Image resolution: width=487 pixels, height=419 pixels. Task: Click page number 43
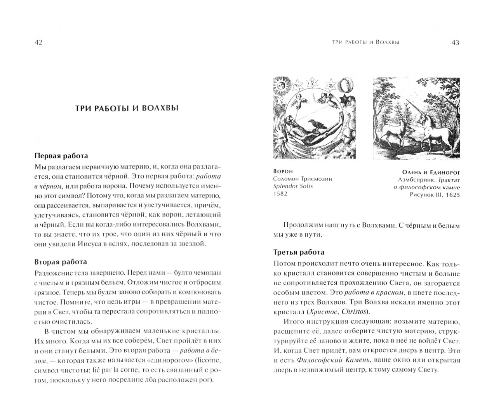tap(455, 43)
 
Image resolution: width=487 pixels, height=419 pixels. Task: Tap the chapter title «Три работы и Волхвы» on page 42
tap(127, 108)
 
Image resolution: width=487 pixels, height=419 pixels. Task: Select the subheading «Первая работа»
tap(61, 156)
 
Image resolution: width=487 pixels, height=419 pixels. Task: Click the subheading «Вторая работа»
tap(61, 262)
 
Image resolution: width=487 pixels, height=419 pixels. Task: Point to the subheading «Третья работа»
tap(299, 252)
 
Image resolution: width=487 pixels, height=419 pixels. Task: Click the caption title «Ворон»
tap(283, 171)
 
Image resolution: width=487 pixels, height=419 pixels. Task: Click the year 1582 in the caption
tap(280, 194)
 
